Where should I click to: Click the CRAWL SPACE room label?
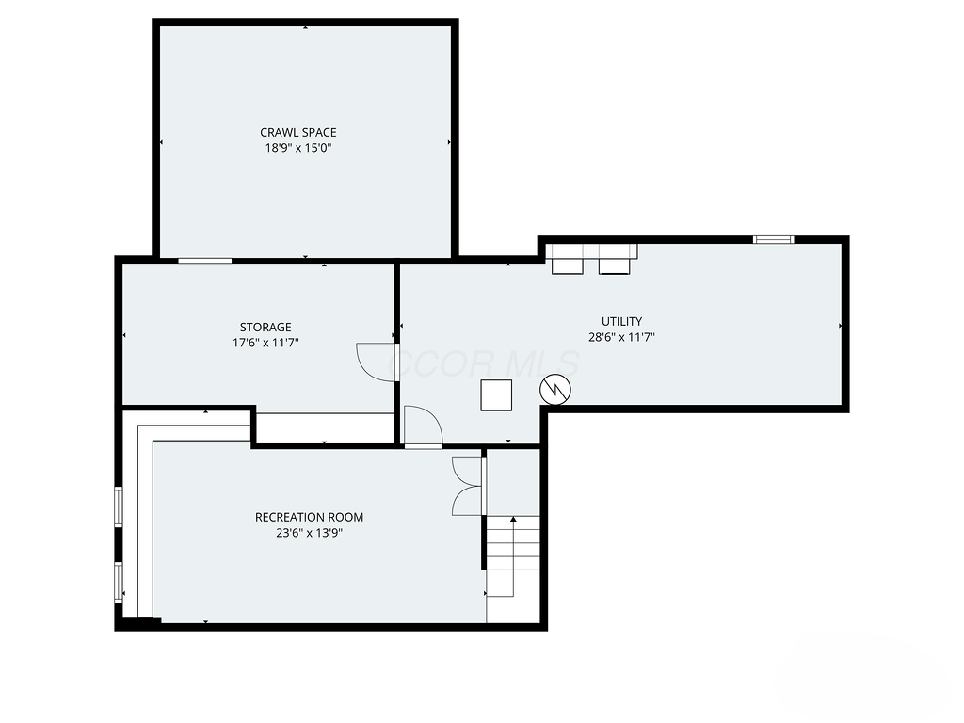pyautogui.click(x=297, y=133)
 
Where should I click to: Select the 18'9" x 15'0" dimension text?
pyautogui.click(x=297, y=148)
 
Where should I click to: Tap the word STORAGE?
pyautogui.click(x=265, y=328)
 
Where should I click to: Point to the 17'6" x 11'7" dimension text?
pyautogui.click(x=265, y=344)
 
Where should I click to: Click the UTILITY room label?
pyautogui.click(x=621, y=321)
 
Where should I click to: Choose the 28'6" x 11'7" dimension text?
pyautogui.click(x=621, y=336)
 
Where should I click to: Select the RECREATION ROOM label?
pyautogui.click(x=309, y=517)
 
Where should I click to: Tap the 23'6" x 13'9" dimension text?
pyautogui.click(x=309, y=533)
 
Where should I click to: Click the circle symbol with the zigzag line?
pyautogui.click(x=554, y=389)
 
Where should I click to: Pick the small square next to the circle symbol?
pyautogui.click(x=496, y=394)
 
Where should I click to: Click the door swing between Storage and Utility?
pyautogui.click(x=378, y=361)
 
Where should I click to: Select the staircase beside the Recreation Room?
pyautogui.click(x=513, y=555)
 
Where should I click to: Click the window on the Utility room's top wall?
pyautogui.click(x=773, y=240)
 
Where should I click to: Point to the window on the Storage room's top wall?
pyautogui.click(x=204, y=260)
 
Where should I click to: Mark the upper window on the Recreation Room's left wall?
pyautogui.click(x=119, y=506)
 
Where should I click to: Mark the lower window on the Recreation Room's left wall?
pyautogui.click(x=119, y=581)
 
